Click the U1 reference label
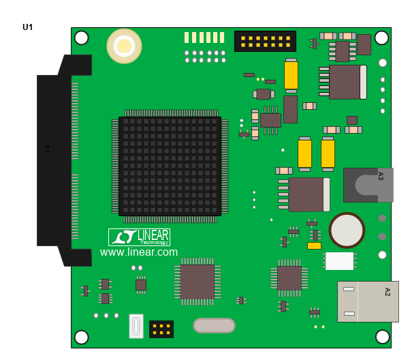pyautogui.click(x=28, y=27)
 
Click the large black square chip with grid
pyautogui.click(x=170, y=166)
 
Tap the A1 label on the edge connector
pyautogui.click(x=47, y=149)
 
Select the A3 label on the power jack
pyautogui.click(x=381, y=176)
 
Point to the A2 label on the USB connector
pyautogui.click(x=387, y=292)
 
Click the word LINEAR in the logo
pyautogui.click(x=153, y=235)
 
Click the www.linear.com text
pyautogui.click(x=139, y=252)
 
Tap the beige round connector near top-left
pyautogui.click(x=125, y=46)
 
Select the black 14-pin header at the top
pyautogui.click(x=266, y=42)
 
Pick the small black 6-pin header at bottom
pyautogui.click(x=161, y=329)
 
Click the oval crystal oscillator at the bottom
pyautogui.click(x=214, y=325)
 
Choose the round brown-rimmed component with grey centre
pyautogui.click(x=347, y=230)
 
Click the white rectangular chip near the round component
pyautogui.click(x=340, y=261)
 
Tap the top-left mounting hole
pyautogui.click(x=82, y=37)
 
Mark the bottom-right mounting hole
pyautogui.click(x=382, y=337)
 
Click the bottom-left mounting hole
pyautogui.click(x=82, y=337)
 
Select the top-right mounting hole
pyautogui.click(x=381, y=37)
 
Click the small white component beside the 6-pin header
pyautogui.click(x=136, y=327)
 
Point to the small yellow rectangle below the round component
pyautogui.click(x=314, y=245)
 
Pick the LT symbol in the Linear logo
pyautogui.click(x=124, y=237)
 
